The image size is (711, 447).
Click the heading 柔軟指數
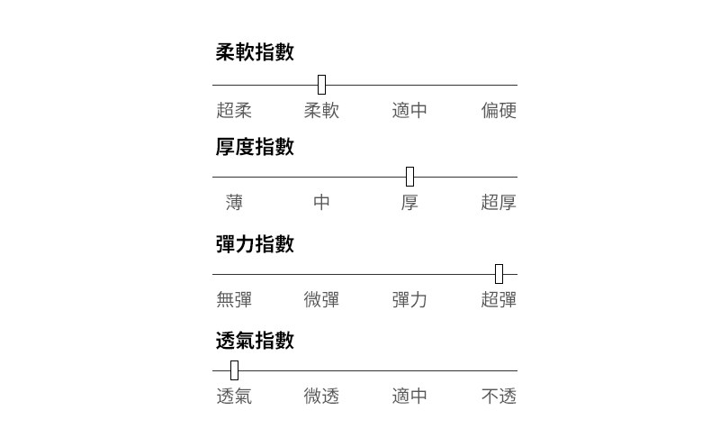tap(255, 52)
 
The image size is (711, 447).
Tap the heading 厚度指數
tap(255, 147)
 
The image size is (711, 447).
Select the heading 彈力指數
tap(255, 244)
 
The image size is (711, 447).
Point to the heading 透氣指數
tap(255, 341)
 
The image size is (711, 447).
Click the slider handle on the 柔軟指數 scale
tap(321, 86)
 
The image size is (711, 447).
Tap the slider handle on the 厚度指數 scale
tap(409, 177)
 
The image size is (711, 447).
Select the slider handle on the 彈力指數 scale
tap(499, 274)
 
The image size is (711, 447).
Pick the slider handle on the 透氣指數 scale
tap(234, 370)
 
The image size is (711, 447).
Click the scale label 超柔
tap(234, 111)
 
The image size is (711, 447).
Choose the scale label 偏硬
tap(499, 111)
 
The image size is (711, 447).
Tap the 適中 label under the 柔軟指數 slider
tap(409, 111)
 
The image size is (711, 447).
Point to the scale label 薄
tap(234, 203)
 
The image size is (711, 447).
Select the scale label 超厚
tap(499, 203)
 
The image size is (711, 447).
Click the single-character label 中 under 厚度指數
tap(321, 203)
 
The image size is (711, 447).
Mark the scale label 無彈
tap(234, 300)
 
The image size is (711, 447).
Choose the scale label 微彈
tap(321, 300)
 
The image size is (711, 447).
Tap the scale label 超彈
tap(499, 300)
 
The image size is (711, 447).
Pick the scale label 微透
tap(321, 397)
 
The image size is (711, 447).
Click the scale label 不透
tap(499, 397)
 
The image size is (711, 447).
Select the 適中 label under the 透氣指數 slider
tap(409, 397)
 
